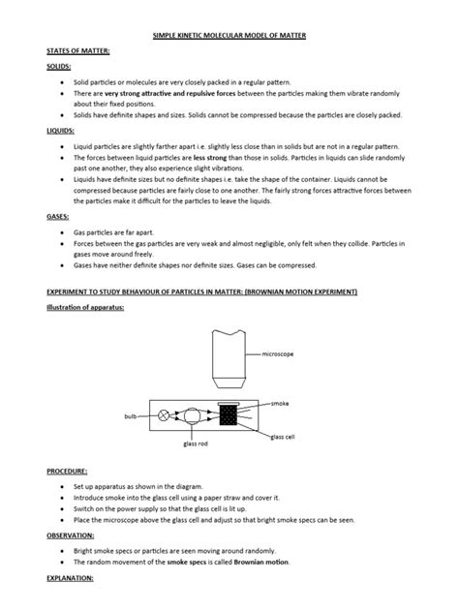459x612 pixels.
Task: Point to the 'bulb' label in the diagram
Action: (132, 415)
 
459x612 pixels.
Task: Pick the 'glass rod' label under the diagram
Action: (197, 444)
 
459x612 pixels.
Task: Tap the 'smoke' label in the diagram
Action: (280, 402)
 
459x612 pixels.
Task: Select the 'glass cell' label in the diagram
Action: (284, 437)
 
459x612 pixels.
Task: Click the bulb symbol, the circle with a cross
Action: (165, 414)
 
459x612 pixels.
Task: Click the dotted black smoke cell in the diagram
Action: (229, 416)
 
